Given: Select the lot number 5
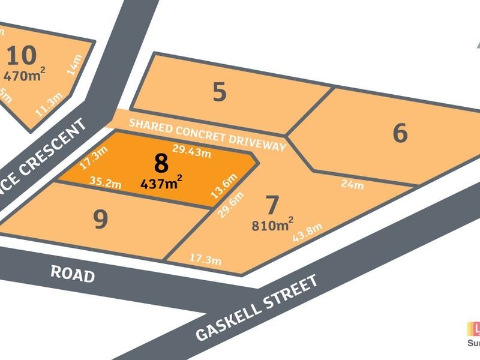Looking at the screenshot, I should pos(220,92).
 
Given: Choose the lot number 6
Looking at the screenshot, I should pos(400,133).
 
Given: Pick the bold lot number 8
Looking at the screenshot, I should pos(161,164).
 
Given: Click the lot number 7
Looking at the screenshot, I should pos(272,206).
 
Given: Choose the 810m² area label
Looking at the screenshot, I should pos(272,226).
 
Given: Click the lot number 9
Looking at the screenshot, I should pos(101,220).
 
